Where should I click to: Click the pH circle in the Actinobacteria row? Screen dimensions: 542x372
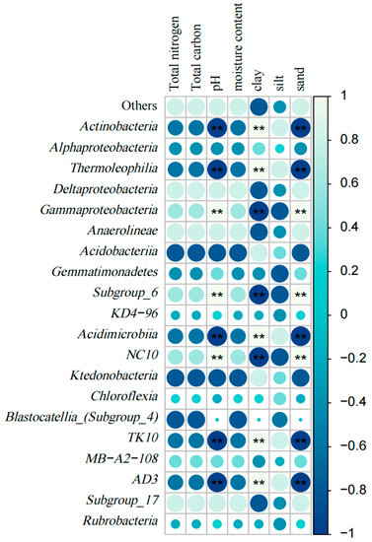216,127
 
